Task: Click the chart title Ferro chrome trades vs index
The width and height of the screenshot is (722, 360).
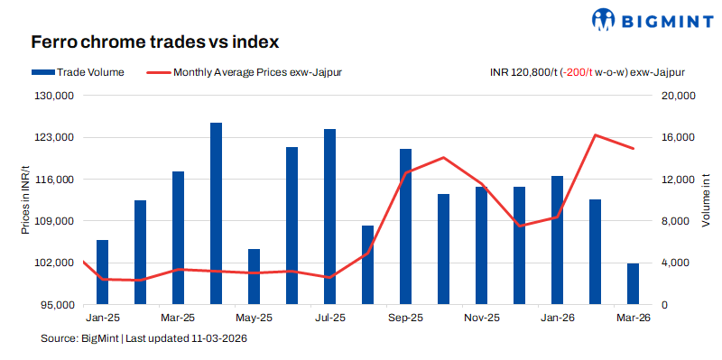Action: (154, 42)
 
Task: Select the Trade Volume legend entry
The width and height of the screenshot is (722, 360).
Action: (78, 71)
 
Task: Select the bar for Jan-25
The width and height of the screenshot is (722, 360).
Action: (102, 272)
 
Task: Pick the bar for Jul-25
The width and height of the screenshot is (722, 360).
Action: (330, 217)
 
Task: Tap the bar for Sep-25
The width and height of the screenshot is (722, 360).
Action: (406, 226)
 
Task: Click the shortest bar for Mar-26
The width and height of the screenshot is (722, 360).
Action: (634, 284)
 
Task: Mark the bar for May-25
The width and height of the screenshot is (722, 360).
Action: (255, 277)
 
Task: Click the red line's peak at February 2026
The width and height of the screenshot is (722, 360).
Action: (596, 135)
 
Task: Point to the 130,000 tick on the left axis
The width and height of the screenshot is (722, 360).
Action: (56, 96)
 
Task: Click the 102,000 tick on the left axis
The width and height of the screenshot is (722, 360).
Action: (56, 263)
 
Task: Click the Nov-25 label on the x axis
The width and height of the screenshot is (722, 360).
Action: (481, 318)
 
